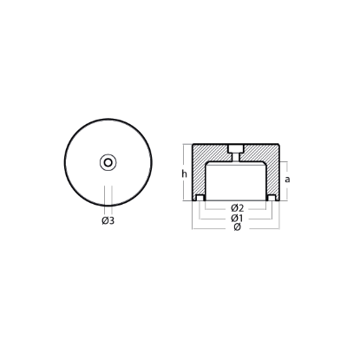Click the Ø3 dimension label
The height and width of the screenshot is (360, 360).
108,220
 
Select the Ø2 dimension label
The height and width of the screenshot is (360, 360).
238,208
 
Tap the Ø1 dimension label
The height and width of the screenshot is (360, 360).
237,218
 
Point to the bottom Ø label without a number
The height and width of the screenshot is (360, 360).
237,227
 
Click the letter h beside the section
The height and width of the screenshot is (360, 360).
184,173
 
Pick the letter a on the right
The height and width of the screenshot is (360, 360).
287,180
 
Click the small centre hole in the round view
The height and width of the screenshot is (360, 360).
108,162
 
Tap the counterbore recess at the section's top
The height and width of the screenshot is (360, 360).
236,149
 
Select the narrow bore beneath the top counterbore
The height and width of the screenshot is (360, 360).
236,158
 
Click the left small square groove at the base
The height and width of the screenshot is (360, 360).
200,198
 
